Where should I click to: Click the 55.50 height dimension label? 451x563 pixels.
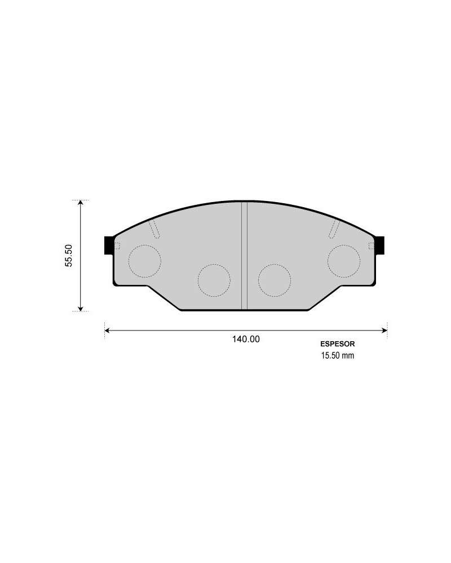click(x=69, y=255)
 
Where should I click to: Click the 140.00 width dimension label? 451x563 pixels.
click(x=246, y=339)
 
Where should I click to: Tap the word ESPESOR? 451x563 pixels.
click(x=337, y=344)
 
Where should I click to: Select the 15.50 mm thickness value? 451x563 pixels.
click(x=337, y=355)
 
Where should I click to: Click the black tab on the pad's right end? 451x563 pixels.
click(x=380, y=245)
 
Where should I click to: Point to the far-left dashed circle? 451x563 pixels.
click(x=144, y=261)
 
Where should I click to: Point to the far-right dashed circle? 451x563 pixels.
click(x=344, y=261)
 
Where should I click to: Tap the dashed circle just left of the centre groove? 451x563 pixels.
click(x=214, y=280)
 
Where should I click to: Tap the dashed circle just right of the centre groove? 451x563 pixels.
click(x=275, y=280)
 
